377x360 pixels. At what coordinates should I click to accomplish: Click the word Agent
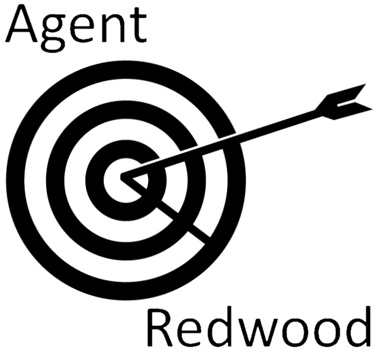(x=76, y=27)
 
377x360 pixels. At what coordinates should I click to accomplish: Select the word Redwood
(x=259, y=326)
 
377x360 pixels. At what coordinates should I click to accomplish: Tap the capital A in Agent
(x=22, y=23)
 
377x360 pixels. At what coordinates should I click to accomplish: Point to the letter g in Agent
(x=53, y=33)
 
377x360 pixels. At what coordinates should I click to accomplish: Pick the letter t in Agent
(x=138, y=25)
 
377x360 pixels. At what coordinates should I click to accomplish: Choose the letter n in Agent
(x=113, y=28)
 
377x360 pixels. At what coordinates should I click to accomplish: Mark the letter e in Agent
(x=82, y=28)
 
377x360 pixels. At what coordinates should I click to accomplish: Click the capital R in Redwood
(x=160, y=327)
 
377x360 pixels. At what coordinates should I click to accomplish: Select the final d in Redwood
(x=357, y=326)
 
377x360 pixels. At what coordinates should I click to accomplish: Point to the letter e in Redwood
(x=188, y=333)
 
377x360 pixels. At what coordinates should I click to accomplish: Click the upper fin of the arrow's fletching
(x=342, y=96)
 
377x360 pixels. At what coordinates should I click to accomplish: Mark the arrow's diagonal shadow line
(x=166, y=209)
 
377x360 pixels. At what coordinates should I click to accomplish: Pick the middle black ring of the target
(x=55, y=180)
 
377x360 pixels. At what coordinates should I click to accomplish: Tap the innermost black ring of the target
(x=94, y=180)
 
